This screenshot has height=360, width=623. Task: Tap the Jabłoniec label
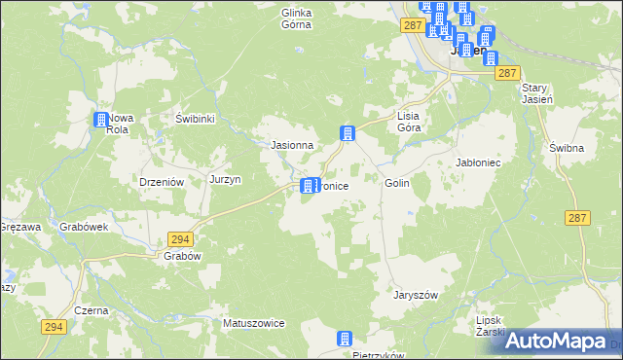point(478,162)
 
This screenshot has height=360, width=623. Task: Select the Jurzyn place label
point(225,180)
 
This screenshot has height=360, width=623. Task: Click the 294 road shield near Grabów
point(179,238)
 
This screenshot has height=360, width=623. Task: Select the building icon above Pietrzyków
point(344,339)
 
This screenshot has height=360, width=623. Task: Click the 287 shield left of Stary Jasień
point(504,73)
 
